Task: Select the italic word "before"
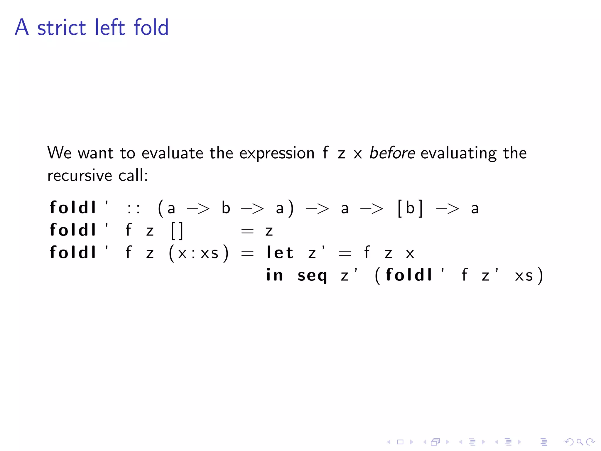pyautogui.click(x=392, y=153)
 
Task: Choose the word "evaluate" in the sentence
pyautogui.click(x=172, y=153)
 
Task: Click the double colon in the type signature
pyautogui.click(x=134, y=208)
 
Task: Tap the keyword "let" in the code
pyautogui.click(x=280, y=253)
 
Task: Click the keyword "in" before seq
pyautogui.click(x=274, y=275)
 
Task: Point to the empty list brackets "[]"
pyautogui.click(x=177, y=231)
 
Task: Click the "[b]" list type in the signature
pyautogui.click(x=410, y=208)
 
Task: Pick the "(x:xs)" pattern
pyautogui.click(x=198, y=253)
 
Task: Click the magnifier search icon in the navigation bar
pyautogui.click(x=579, y=442)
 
